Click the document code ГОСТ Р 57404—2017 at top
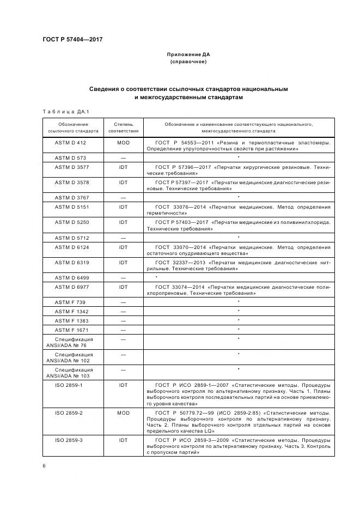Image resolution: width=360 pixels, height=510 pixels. tap(72, 40)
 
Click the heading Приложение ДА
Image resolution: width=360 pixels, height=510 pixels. tap(188, 54)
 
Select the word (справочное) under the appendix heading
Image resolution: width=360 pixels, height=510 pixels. tap(188, 62)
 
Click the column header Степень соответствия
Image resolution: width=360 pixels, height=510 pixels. tap(123, 127)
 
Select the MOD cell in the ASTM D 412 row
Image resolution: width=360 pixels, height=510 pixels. tap(123, 142)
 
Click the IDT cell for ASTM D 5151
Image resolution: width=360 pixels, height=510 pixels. tap(123, 207)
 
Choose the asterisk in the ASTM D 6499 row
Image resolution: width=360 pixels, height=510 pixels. tap(156, 278)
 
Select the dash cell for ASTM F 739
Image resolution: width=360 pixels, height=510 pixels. tap(123, 302)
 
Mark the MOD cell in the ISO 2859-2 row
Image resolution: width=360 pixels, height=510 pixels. tap(123, 412)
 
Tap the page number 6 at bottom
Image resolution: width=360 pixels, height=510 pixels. tap(44, 466)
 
